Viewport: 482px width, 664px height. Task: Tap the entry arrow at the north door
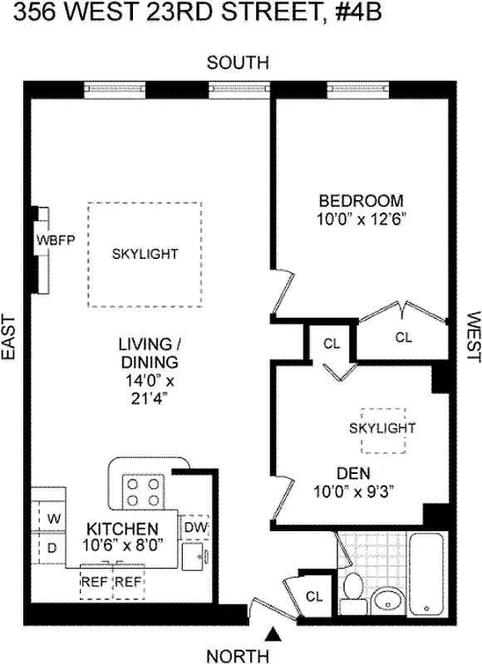pyautogui.click(x=273, y=635)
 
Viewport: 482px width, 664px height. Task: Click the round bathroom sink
pyautogui.click(x=386, y=599)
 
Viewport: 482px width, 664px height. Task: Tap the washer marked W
pyautogui.click(x=53, y=519)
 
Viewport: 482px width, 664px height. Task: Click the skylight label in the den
pyautogui.click(x=381, y=427)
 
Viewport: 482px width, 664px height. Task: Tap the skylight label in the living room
pyautogui.click(x=145, y=254)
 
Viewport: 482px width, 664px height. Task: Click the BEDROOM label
pyautogui.click(x=361, y=201)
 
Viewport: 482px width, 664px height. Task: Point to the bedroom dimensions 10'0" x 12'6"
pyautogui.click(x=361, y=219)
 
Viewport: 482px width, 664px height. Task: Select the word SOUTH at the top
pyautogui.click(x=239, y=62)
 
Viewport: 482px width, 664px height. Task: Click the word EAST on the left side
pyautogui.click(x=10, y=337)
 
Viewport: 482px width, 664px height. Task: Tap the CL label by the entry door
pyautogui.click(x=314, y=596)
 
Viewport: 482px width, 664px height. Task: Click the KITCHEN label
pyautogui.click(x=123, y=530)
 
